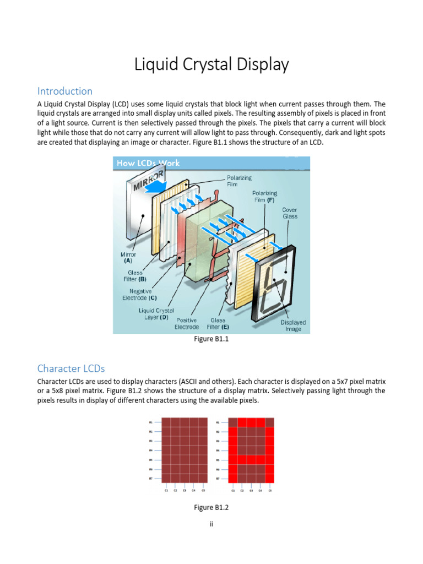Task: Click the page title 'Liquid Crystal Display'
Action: pyautogui.click(x=211, y=64)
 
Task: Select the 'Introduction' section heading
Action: pyautogui.click(x=64, y=91)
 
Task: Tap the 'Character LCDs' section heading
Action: pyautogui.click(x=70, y=368)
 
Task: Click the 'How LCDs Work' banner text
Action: pyautogui.click(x=148, y=163)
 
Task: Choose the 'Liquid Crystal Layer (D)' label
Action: pyautogui.click(x=156, y=314)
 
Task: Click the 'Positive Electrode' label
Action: pyautogui.click(x=187, y=323)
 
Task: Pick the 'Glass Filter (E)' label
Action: pyautogui.click(x=218, y=323)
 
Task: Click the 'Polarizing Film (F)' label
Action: pyautogui.click(x=264, y=197)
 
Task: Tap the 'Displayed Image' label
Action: pyautogui.click(x=293, y=326)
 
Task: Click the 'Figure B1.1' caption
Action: pyautogui.click(x=211, y=339)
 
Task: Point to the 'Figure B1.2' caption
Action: pyautogui.click(x=211, y=507)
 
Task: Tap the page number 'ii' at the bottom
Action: pyautogui.click(x=211, y=524)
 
